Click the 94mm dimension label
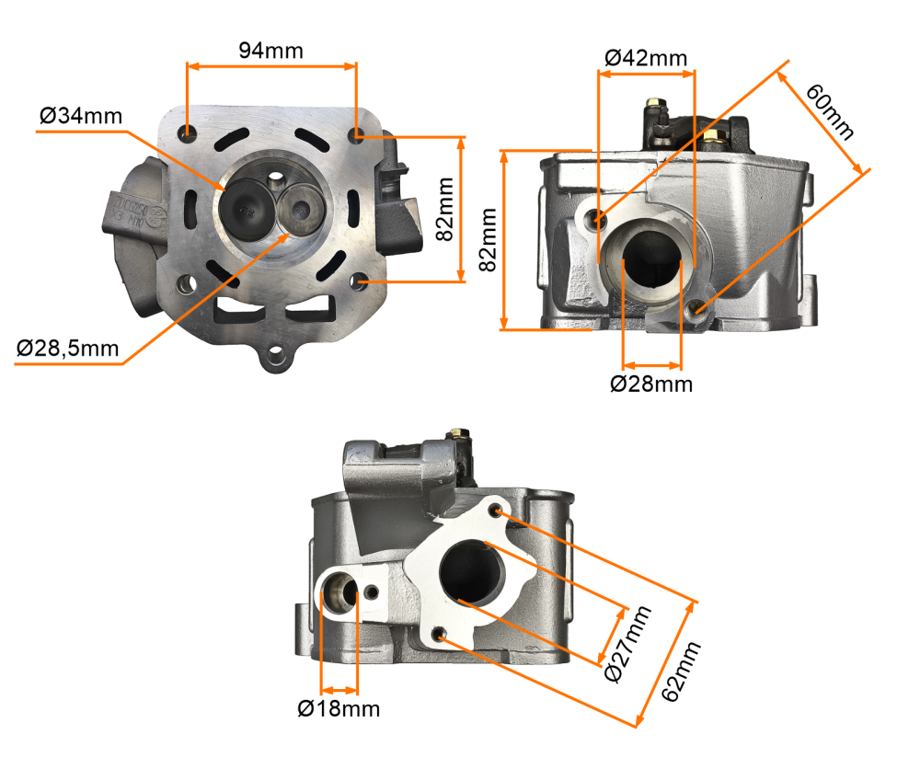click(x=270, y=51)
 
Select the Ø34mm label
click(x=81, y=116)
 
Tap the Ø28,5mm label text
click(x=68, y=348)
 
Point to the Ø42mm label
click(x=646, y=57)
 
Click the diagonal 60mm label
click(x=831, y=111)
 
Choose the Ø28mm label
click(x=651, y=384)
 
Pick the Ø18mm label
click(x=339, y=708)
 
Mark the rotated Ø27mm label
click(x=627, y=644)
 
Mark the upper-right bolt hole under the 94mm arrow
click(x=356, y=135)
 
